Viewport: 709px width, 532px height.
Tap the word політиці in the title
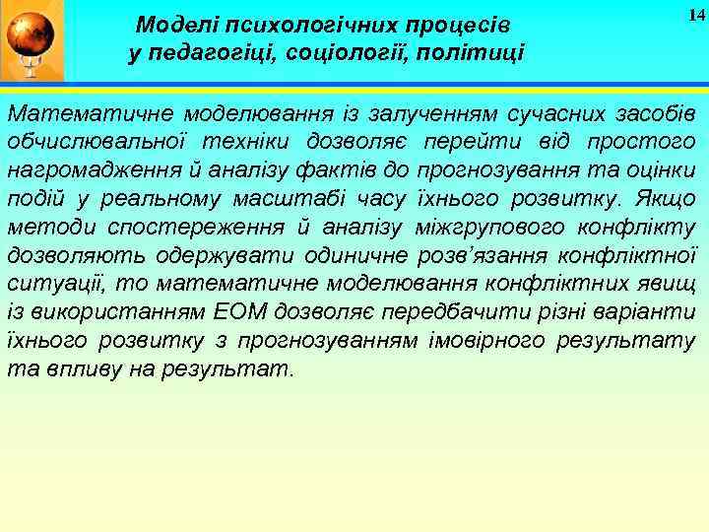point(476,52)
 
